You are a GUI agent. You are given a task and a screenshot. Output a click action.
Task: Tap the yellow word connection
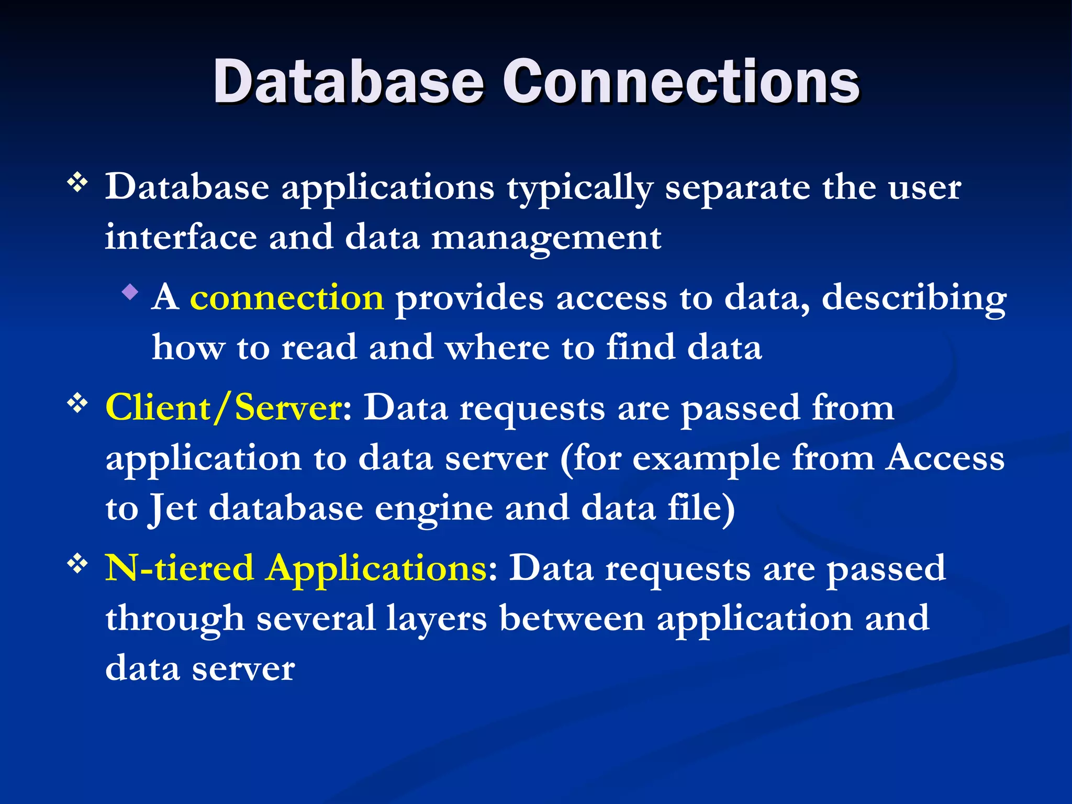tap(287, 297)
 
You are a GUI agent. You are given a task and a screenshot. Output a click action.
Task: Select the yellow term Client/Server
tap(224, 407)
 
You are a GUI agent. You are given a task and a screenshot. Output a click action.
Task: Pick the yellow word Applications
tap(376, 568)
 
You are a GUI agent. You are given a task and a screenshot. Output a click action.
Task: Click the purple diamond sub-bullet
tap(130, 292)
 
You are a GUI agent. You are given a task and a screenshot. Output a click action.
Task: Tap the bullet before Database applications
tap(77, 183)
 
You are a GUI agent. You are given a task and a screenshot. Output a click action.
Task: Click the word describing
tap(914, 298)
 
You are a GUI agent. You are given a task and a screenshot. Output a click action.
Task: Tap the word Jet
tap(173, 509)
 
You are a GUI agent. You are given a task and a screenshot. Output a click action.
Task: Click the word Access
tap(945, 458)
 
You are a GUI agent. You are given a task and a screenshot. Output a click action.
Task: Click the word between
tap(572, 618)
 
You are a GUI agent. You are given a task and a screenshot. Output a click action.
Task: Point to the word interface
tap(181, 238)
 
